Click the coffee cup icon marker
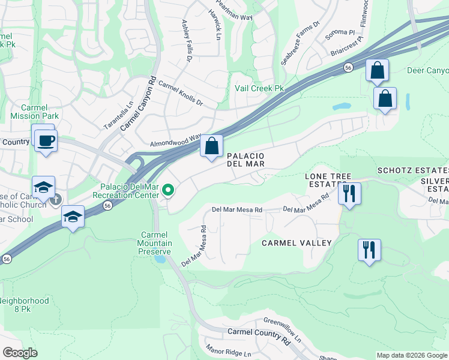point(45,141)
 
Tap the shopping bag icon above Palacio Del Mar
point(211,146)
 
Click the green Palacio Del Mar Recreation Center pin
point(169,190)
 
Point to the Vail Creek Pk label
point(259,89)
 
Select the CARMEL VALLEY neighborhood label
point(297,243)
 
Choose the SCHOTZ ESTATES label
point(413,171)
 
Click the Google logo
point(20,353)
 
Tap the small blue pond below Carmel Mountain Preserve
point(159,259)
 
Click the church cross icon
point(55,199)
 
